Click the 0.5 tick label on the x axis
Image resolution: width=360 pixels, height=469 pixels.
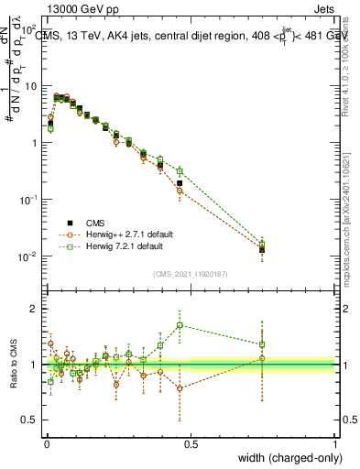pyautogui.click(x=191, y=444)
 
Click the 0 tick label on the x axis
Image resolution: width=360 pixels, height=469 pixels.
pyautogui.click(x=46, y=444)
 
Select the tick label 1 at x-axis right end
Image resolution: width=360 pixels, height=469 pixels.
pyautogui.click(x=334, y=444)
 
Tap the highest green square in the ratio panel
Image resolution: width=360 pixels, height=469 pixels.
pyautogui.click(x=180, y=325)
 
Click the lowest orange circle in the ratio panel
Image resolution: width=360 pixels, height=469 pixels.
pyautogui.click(x=180, y=388)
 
